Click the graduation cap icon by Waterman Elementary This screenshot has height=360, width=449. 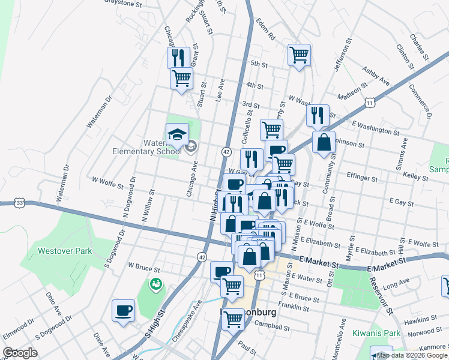point(178,134)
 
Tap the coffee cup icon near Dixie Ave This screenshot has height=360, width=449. point(124,310)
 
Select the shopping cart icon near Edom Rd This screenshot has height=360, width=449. point(299,55)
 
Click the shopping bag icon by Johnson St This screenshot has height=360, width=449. point(324,143)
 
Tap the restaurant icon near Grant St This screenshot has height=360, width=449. point(178,58)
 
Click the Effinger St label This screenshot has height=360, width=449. point(362,178)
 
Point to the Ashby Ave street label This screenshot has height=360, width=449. point(376,76)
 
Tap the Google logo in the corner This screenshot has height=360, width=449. point(20,353)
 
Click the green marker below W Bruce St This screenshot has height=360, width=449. point(155,284)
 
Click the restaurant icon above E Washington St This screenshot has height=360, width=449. point(318,115)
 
